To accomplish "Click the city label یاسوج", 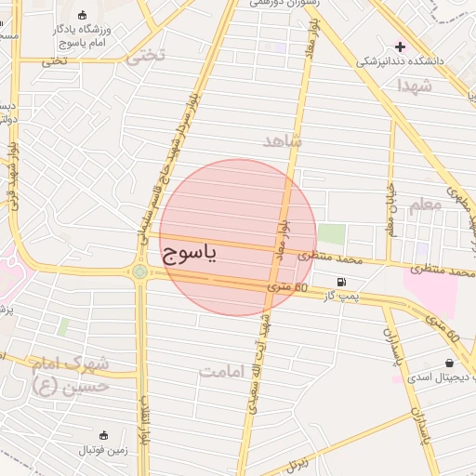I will [189, 253].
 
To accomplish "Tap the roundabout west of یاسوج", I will [139, 271].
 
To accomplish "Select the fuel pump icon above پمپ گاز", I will [342, 282].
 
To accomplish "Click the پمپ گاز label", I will [340, 296].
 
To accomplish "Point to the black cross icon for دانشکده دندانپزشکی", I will [401, 46].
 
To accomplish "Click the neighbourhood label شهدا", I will [414, 86].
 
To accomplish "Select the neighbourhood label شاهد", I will [283, 141].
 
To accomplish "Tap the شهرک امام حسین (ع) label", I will [71, 374].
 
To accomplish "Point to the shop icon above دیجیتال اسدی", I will [450, 363].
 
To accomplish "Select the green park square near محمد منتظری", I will [331, 234].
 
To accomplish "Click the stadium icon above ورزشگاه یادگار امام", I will [84, 15].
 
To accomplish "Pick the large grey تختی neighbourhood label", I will [145, 56].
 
